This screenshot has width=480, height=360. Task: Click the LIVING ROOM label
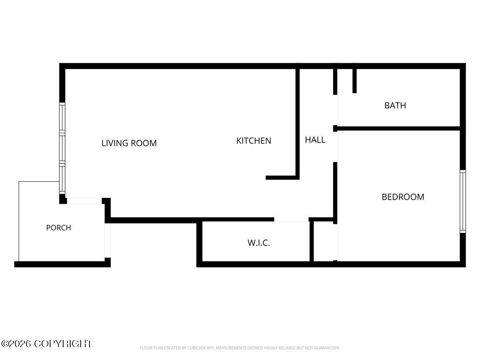pos(129,143)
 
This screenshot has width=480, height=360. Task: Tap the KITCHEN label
pos(254,141)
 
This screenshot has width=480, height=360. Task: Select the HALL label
pos(315,140)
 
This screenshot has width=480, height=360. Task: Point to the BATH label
pos(395,106)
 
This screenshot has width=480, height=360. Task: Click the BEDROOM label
pos(403,197)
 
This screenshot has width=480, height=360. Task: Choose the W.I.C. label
pos(259,243)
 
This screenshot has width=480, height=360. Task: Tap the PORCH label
pos(59,228)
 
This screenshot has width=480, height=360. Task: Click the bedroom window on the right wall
pos(463,201)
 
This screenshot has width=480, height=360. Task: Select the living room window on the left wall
pos(62,148)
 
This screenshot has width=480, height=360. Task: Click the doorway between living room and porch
pos(84,201)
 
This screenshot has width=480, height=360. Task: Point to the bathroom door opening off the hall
pos(335,110)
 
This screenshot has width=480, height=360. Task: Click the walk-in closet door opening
pos(291,220)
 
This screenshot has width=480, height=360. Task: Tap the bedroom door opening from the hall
pos(335,147)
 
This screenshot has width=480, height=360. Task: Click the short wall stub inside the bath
pos(354,81)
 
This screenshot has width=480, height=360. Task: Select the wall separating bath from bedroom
pos(398,128)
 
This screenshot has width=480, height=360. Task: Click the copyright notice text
pos(46,344)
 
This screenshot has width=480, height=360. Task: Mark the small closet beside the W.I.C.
pos(324,241)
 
